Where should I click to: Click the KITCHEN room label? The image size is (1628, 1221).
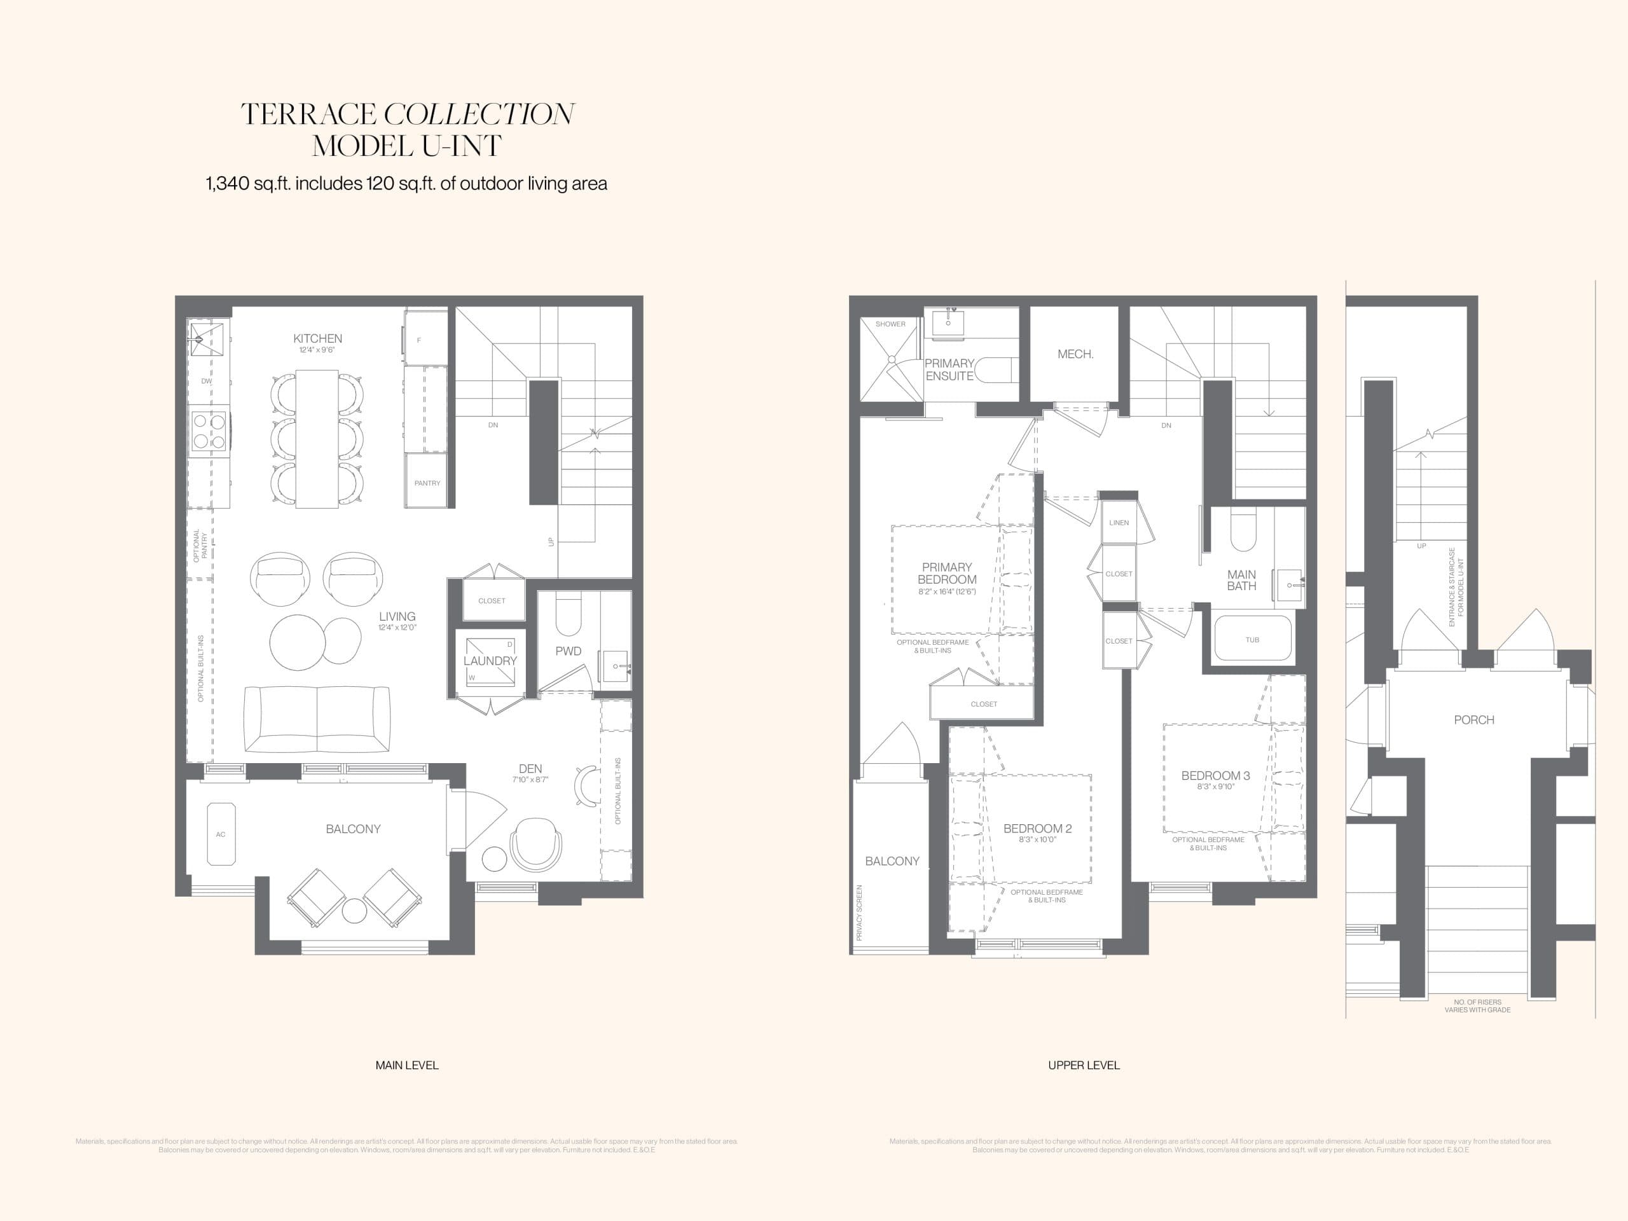click(317, 338)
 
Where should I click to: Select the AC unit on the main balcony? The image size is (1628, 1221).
click(221, 834)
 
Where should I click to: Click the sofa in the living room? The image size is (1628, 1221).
click(317, 719)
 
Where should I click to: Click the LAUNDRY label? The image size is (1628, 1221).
click(490, 661)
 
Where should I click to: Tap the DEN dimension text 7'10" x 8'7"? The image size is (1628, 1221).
click(530, 780)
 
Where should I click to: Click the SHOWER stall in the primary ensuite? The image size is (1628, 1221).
click(890, 361)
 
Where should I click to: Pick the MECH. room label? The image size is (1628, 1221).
click(1075, 354)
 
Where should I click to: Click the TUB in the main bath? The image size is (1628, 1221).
click(1252, 639)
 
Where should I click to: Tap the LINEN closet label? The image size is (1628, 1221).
click(1119, 523)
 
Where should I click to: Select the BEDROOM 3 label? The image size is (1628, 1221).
click(1215, 775)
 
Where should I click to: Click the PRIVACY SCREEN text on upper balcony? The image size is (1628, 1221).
click(859, 913)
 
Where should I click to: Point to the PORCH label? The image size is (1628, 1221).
click(1473, 720)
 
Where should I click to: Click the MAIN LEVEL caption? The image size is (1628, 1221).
click(406, 1065)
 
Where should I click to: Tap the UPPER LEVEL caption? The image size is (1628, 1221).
click(1084, 1065)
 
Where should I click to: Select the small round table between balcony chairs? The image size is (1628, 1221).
click(354, 911)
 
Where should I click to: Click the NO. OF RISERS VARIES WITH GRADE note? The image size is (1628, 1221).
click(1477, 1006)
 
